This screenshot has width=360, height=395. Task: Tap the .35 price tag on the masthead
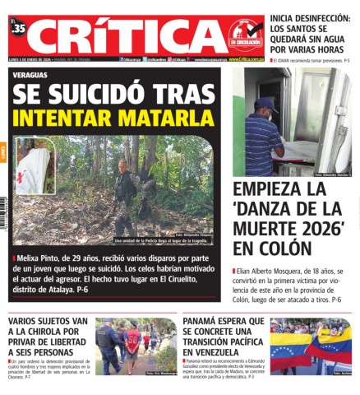click(x=18, y=30)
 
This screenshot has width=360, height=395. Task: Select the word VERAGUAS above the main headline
click(x=32, y=73)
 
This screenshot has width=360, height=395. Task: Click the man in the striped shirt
click(x=261, y=136)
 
